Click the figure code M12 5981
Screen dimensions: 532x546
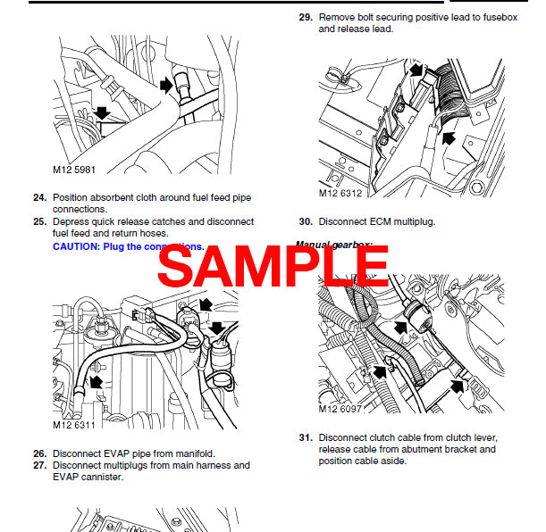click(74, 168)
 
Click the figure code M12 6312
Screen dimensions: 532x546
click(341, 192)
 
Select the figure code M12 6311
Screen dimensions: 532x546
click(74, 426)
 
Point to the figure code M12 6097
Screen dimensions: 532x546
click(341, 410)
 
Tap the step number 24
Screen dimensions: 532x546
click(39, 197)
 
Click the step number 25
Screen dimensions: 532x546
click(39, 221)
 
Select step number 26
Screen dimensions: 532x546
click(39, 453)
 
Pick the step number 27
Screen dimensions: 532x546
click(39, 465)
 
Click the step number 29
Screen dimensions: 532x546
click(304, 17)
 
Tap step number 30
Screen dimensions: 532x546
click(304, 221)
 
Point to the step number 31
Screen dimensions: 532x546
click(304, 437)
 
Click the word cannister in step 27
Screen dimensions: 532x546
click(105, 477)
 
